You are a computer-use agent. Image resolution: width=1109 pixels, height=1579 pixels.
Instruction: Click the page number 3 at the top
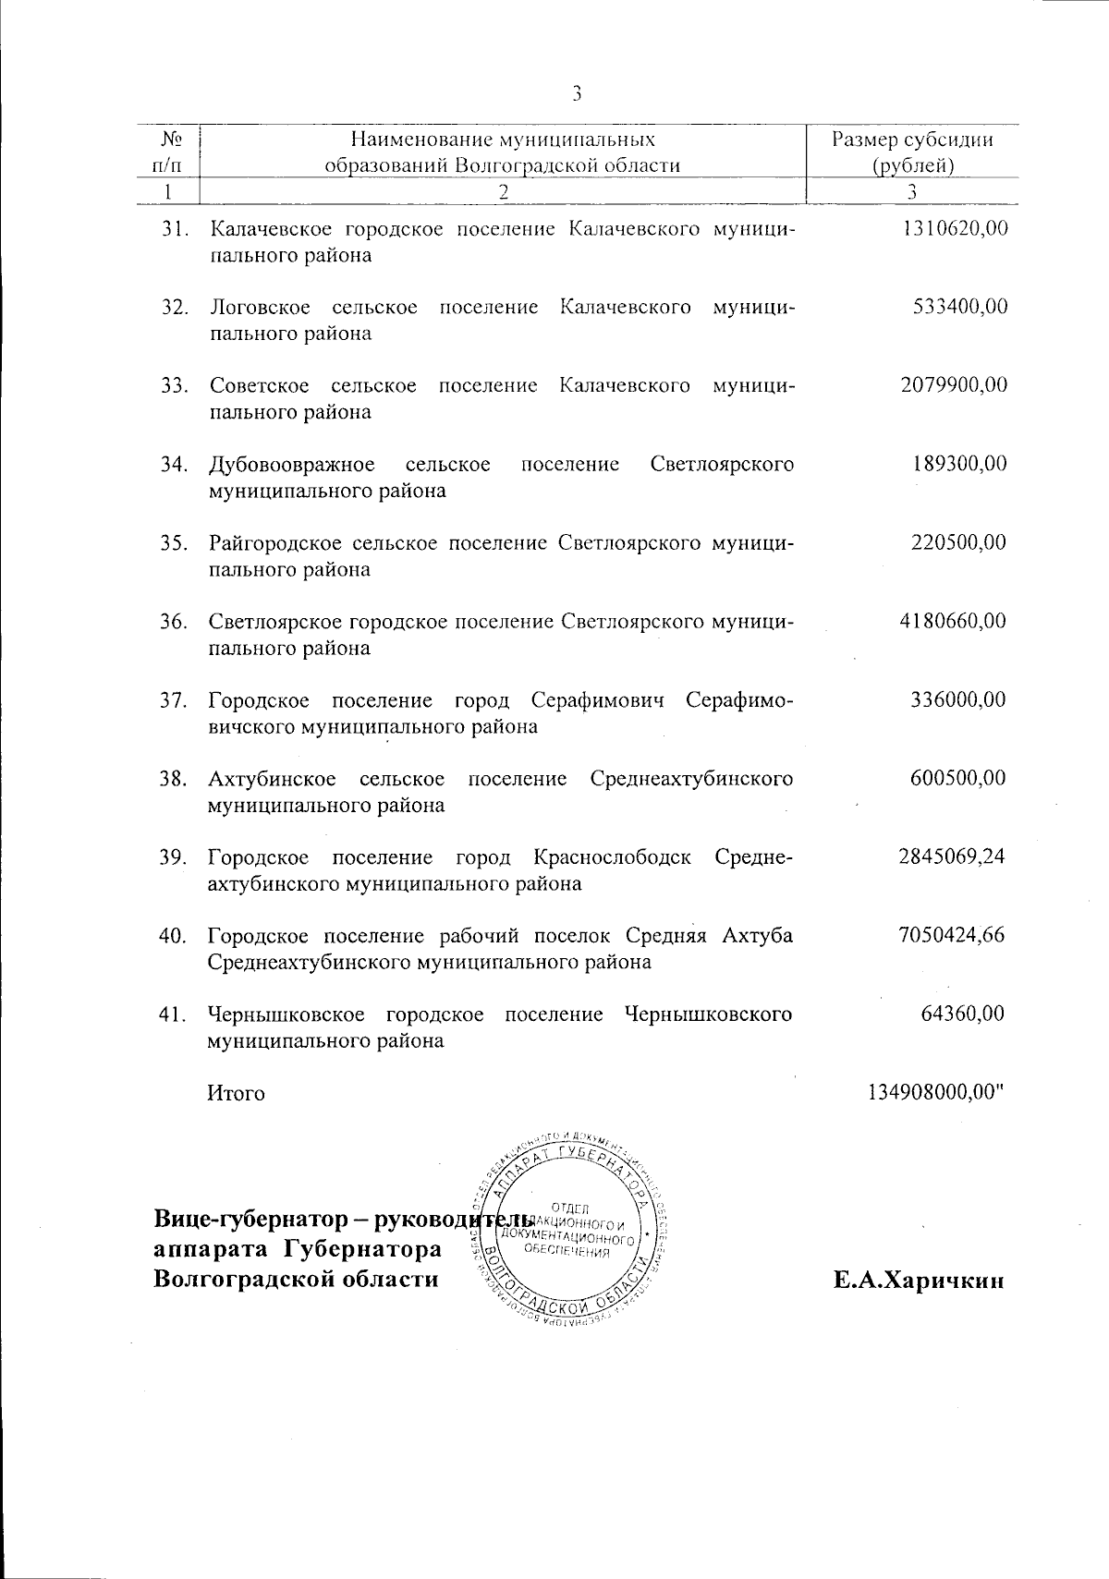pyautogui.click(x=577, y=93)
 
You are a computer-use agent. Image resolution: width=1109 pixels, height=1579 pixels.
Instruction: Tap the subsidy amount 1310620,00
pyautogui.click(x=954, y=228)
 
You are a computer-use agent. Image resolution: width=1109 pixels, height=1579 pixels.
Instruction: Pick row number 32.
pyautogui.click(x=175, y=307)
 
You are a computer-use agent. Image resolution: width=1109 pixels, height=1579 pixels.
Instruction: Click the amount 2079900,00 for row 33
pyautogui.click(x=954, y=385)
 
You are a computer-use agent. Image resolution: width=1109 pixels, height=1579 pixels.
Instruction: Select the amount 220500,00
pyautogui.click(x=959, y=542)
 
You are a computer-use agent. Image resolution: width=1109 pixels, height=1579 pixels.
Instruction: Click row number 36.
pyautogui.click(x=174, y=621)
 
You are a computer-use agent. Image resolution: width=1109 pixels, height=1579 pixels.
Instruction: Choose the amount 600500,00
pyautogui.click(x=959, y=778)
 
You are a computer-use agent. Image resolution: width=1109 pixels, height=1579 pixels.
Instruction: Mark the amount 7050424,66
pyautogui.click(x=952, y=935)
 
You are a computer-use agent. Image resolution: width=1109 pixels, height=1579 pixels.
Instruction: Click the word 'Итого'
pyautogui.click(x=237, y=1093)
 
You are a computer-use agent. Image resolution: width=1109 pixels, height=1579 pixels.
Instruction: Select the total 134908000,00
pyautogui.click(x=935, y=1092)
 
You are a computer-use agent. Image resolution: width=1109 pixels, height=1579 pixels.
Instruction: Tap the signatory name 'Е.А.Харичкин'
pyautogui.click(x=918, y=1281)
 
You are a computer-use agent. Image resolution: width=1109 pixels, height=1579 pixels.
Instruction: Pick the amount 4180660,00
pyautogui.click(x=954, y=621)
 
